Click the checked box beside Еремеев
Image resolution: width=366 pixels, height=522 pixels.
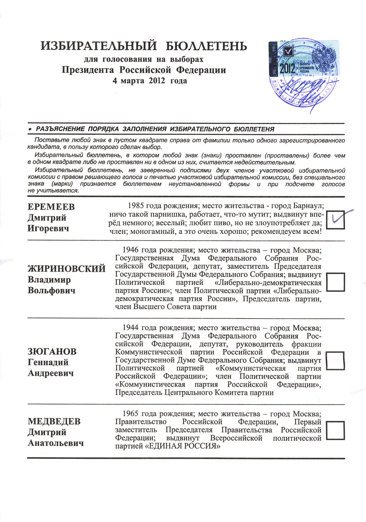click(x=336, y=220)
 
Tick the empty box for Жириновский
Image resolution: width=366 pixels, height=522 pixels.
click(x=336, y=282)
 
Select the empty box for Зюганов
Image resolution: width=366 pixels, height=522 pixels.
click(x=336, y=360)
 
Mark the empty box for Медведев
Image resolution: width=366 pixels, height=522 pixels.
click(x=336, y=430)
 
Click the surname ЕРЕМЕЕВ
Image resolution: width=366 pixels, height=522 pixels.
click(x=51, y=207)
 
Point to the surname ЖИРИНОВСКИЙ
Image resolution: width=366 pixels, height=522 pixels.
click(x=66, y=269)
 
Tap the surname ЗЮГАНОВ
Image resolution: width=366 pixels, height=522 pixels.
click(x=52, y=352)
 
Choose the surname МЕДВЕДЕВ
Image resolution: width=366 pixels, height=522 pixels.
click(x=54, y=422)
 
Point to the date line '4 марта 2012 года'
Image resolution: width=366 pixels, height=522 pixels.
click(x=150, y=81)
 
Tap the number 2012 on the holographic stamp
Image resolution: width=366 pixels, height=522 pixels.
click(x=288, y=68)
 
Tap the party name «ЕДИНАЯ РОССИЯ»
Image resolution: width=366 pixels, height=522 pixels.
click(x=187, y=446)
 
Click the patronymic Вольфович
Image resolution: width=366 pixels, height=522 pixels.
click(x=51, y=290)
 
